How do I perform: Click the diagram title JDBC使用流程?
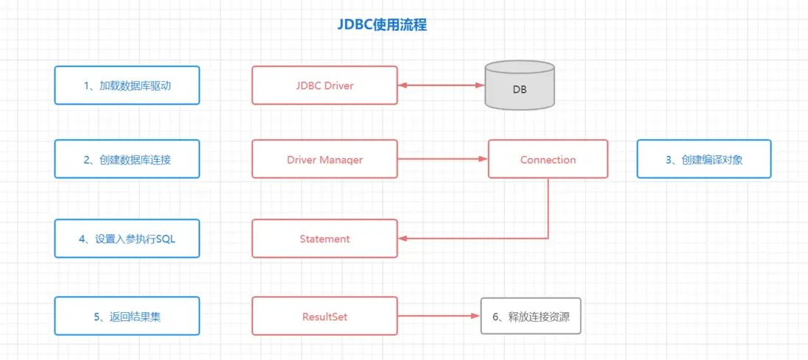tap(382, 24)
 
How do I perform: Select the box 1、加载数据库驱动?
tap(127, 85)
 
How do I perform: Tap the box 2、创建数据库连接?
tap(127, 159)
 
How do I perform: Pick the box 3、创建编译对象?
tap(704, 159)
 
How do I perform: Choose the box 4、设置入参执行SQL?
tap(127, 239)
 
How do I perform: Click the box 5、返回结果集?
tap(127, 317)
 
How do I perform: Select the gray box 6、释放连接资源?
tap(531, 317)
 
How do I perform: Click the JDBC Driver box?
tap(325, 85)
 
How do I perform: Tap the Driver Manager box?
tap(325, 159)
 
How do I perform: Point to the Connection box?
tap(547, 159)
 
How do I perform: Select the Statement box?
tap(325, 239)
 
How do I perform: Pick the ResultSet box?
tap(325, 317)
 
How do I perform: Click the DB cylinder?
tap(520, 86)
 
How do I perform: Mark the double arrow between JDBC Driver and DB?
tap(441, 85)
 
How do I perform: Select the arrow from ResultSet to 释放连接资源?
tap(439, 317)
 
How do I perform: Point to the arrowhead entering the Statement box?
tap(403, 239)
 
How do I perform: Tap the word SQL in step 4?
tap(166, 239)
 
